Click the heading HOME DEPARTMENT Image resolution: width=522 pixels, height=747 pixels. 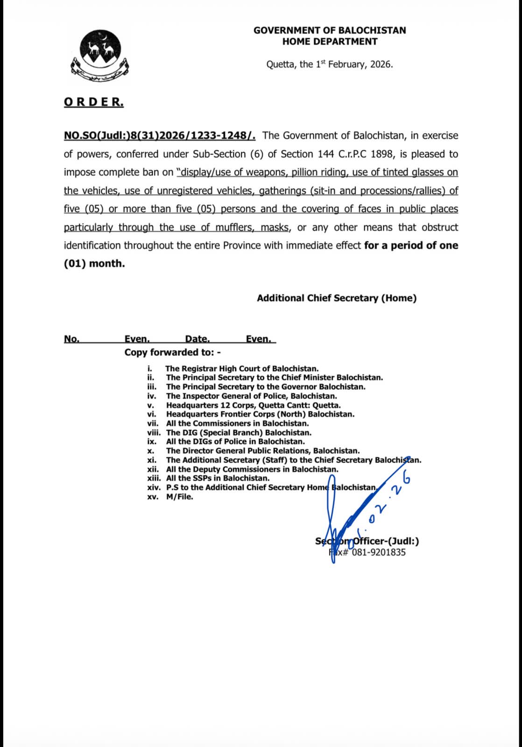(330, 42)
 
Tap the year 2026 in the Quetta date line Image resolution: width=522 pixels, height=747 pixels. (381, 64)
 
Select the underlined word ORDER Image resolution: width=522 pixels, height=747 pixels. (94, 102)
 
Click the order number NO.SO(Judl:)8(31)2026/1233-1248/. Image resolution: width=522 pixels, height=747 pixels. (160, 136)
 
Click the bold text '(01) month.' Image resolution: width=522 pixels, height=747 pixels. (94, 264)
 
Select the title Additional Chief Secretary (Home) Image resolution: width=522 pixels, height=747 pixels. (337, 298)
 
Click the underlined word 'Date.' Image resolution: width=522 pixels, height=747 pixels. (197, 339)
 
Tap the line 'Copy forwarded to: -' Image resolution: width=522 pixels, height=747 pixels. (172, 352)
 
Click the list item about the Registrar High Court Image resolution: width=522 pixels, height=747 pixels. (242, 369)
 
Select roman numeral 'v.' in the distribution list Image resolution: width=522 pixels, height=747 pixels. (151, 405)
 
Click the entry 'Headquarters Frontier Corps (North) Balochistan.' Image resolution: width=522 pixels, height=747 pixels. (260, 414)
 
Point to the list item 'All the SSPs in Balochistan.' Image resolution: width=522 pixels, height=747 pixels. (218, 479)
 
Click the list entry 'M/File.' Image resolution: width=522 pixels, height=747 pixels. (179, 497)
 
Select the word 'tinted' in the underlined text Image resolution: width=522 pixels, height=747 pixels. (395, 172)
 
